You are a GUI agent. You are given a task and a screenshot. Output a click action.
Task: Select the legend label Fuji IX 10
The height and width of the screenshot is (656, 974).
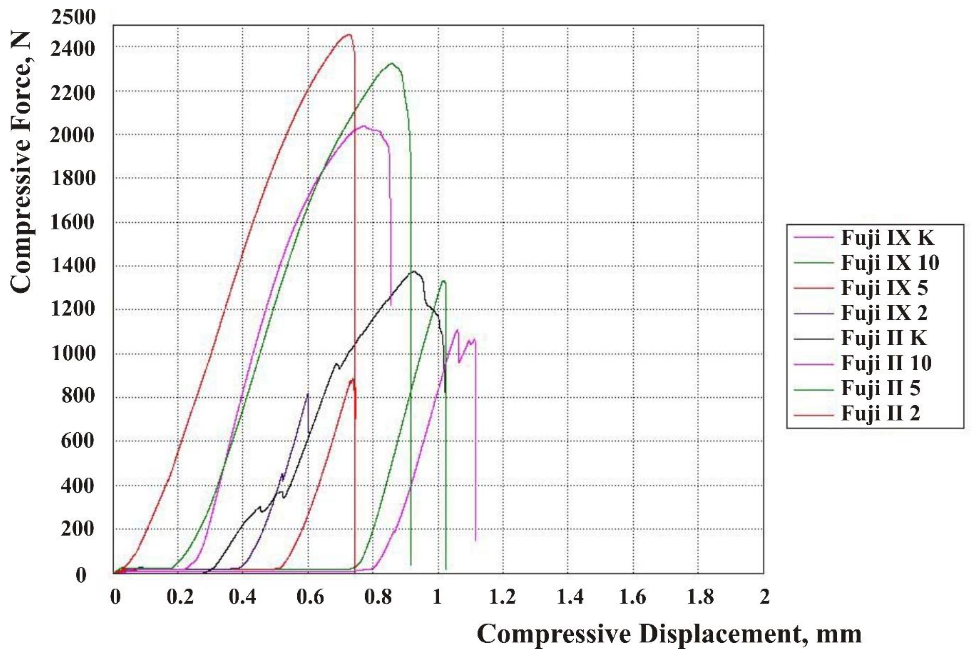(890, 263)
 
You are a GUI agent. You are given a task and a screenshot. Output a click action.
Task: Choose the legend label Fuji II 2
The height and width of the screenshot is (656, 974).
(880, 413)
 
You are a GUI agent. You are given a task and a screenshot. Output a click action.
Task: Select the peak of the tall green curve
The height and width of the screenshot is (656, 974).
(392, 64)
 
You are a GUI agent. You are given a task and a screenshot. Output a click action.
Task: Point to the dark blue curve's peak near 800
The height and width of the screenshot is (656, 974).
(308, 393)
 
